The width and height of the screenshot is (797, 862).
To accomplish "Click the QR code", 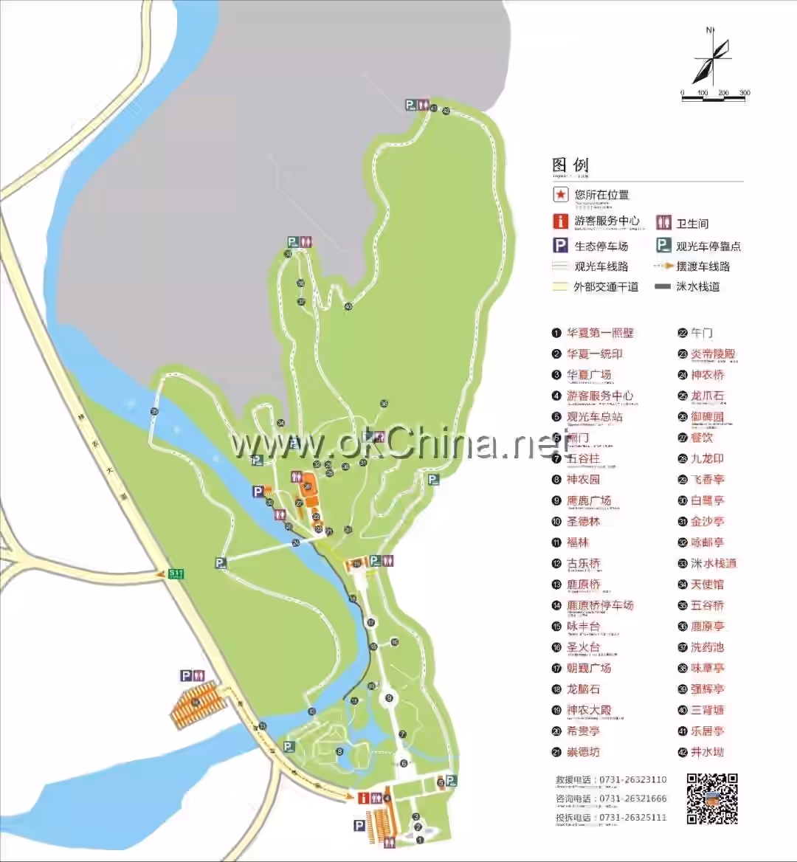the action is coord(712,799).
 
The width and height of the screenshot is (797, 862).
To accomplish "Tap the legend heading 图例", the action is coord(570,165).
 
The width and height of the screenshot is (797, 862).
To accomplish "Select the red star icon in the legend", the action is coord(562,195).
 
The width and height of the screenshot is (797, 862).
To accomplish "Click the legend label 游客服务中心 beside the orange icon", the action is coord(607,221).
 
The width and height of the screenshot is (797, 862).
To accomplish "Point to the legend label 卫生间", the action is coord(692,223).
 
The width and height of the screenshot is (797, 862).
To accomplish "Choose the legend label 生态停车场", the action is coord(601,246).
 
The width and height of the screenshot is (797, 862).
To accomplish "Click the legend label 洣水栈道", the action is coord(697,287).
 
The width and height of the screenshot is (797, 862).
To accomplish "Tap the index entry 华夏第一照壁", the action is coord(600,333).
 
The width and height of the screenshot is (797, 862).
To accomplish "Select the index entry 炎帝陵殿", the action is coord(713,354).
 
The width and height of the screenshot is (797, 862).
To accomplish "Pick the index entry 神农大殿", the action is coord(589,710).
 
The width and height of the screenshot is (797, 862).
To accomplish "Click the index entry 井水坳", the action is coord(707,752).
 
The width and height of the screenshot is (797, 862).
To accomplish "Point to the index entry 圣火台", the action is coord(583,647).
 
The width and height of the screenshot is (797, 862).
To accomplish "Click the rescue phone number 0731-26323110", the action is coord(632,779).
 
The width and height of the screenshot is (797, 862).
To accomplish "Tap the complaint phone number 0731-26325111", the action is coord(632,818).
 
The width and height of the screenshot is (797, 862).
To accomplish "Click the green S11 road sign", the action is coord(175,573).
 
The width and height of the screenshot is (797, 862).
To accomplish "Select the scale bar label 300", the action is coord(744,93).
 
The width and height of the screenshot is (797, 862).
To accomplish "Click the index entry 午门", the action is coord(701,333).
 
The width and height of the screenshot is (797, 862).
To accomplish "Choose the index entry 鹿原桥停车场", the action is coord(600,605).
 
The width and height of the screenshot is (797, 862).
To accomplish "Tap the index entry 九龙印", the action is coord(707,458).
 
